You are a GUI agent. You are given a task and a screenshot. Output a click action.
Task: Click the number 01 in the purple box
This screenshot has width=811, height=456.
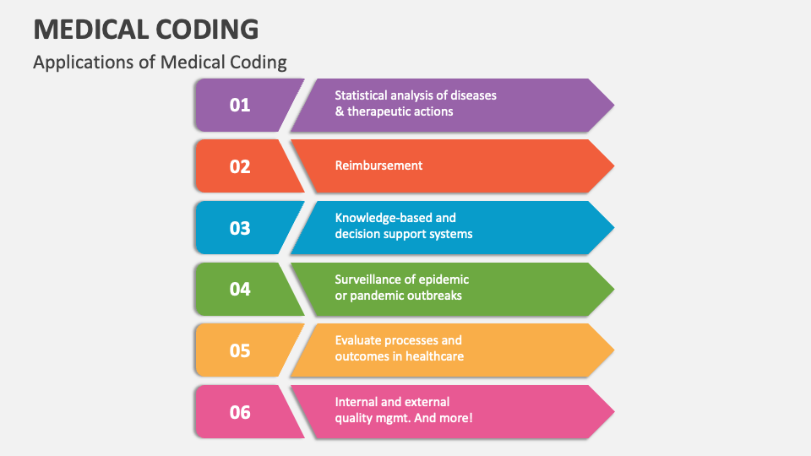240,105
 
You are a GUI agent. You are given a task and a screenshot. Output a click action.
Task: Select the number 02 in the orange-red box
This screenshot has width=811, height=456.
240,166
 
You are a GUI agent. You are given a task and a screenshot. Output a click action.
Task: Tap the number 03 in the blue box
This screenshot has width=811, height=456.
240,228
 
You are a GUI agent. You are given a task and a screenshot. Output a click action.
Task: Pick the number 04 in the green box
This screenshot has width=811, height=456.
240,289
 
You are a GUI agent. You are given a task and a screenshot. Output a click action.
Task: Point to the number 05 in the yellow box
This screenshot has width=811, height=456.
240,350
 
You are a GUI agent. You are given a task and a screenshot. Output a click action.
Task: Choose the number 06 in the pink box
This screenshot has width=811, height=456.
240,412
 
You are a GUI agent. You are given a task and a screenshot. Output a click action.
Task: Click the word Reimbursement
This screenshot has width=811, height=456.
378,166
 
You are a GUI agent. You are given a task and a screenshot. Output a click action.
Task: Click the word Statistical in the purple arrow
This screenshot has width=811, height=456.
361,95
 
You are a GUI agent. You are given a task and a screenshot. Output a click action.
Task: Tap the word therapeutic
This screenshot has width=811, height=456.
373,111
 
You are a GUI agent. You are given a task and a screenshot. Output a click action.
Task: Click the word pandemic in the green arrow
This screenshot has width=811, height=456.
374,296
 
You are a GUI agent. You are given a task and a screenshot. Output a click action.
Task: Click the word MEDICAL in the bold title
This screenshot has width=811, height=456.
91,29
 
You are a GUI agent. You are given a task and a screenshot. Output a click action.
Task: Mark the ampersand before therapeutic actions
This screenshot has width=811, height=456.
340,111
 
